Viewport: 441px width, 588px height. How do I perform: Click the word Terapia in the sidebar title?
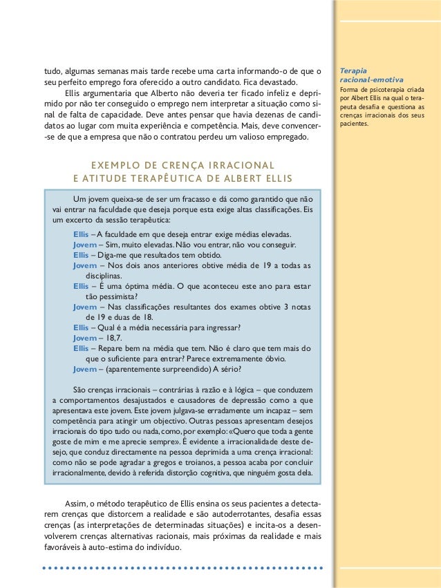pyautogui.click(x=354, y=70)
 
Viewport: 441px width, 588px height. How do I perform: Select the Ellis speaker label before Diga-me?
pyautogui.click(x=81, y=254)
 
